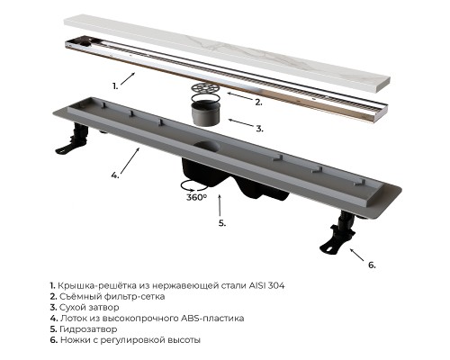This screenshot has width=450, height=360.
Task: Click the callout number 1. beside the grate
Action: (x=115, y=86)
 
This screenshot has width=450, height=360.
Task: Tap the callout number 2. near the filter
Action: (x=258, y=103)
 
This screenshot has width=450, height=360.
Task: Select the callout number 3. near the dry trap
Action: (x=260, y=129)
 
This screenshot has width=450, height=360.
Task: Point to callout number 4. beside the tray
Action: (x=115, y=175)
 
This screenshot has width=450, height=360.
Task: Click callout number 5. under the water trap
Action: (x=222, y=223)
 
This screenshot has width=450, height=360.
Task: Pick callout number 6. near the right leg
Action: (x=372, y=265)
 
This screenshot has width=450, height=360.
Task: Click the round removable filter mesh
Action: (x=205, y=87)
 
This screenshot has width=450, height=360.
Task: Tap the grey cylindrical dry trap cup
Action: (x=205, y=112)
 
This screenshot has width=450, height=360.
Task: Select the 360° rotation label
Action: (x=196, y=197)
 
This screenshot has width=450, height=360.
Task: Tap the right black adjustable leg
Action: (x=338, y=232)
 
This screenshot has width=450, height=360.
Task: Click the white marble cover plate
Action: (x=227, y=54)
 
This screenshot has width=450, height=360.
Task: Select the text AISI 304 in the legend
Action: (x=266, y=285)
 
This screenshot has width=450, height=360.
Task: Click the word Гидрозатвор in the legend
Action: (x=88, y=329)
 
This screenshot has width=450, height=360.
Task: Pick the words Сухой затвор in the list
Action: (x=89, y=307)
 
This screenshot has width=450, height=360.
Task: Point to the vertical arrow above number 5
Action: (x=220, y=205)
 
